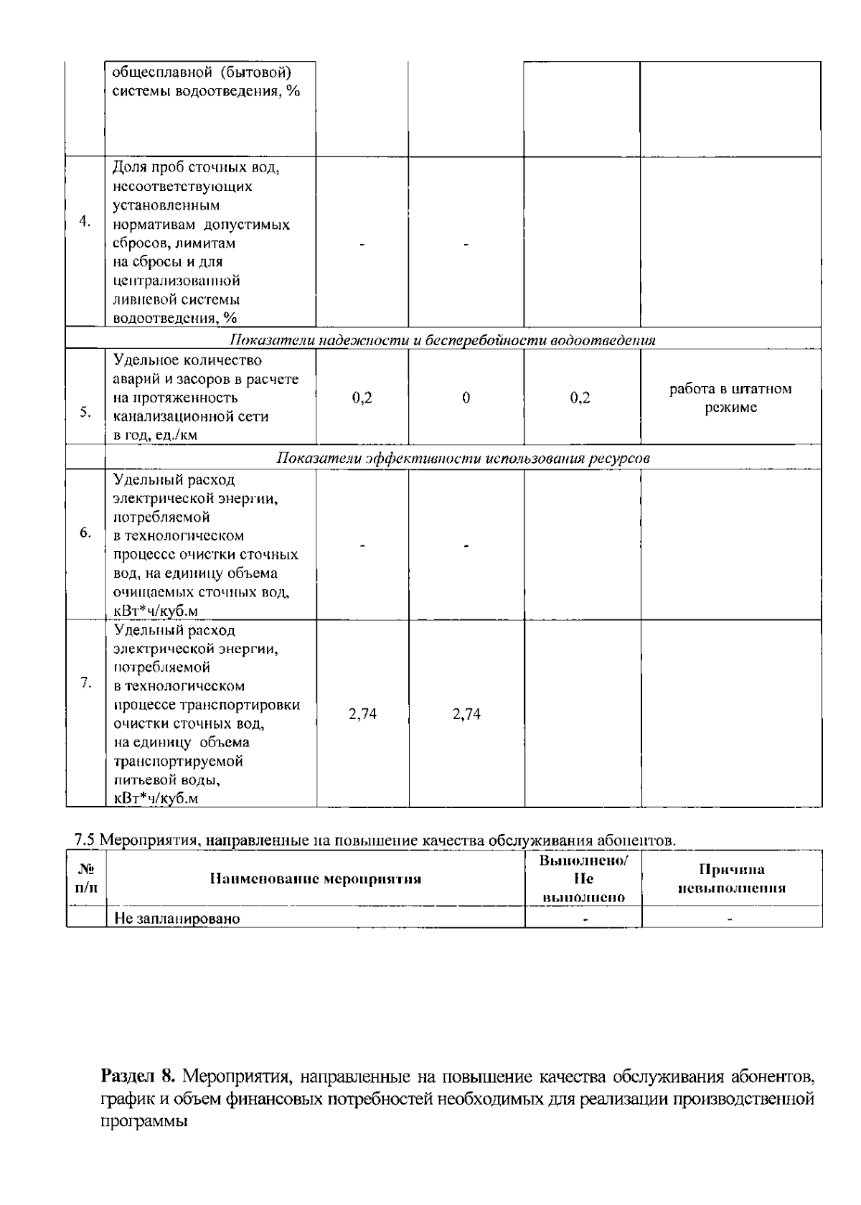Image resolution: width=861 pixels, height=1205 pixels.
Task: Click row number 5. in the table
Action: pyautogui.click(x=85, y=413)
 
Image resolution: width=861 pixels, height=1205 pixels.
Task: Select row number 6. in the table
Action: pyautogui.click(x=85, y=533)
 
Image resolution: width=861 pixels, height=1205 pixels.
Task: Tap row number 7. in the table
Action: pyautogui.click(x=85, y=683)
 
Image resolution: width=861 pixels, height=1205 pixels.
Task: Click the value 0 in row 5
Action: pyautogui.click(x=466, y=398)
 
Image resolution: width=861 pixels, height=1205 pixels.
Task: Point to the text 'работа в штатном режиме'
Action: pyautogui.click(x=730, y=398)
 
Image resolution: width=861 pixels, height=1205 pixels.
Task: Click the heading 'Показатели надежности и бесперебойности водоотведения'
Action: pyautogui.click(x=442, y=340)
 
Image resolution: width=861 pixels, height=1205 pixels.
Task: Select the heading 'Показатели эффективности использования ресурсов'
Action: pyautogui.click(x=464, y=459)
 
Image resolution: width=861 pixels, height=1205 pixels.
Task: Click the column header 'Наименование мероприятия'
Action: pyautogui.click(x=316, y=878)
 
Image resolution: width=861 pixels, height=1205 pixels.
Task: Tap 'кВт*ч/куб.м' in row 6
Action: pyautogui.click(x=156, y=611)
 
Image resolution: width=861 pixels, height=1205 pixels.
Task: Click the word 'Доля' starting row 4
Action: pyautogui.click(x=129, y=167)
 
